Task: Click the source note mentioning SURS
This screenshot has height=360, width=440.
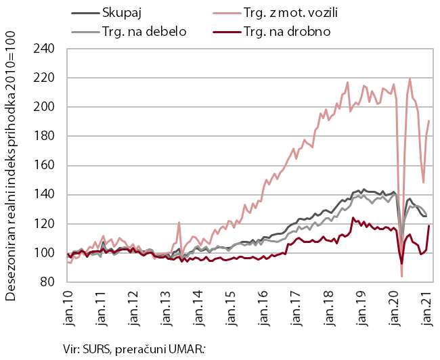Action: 132,348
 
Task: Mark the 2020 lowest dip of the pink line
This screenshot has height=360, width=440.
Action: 401,276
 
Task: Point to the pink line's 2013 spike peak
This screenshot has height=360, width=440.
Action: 179,222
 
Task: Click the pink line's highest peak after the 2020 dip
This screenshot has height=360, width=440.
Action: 410,79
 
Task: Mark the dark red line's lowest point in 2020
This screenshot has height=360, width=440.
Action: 401,263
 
